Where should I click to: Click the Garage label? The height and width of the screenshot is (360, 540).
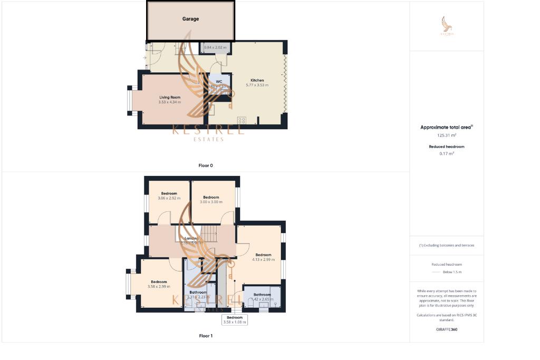pyautogui.click(x=190, y=19)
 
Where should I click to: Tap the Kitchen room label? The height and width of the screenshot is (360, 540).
pyautogui.click(x=257, y=80)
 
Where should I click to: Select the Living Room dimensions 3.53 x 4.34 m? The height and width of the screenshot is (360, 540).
pyautogui.click(x=169, y=102)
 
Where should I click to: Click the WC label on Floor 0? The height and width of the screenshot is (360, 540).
pyautogui.click(x=219, y=82)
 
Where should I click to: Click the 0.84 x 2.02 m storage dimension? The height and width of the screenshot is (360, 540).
pyautogui.click(x=215, y=47)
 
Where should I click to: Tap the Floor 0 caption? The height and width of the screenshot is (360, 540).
pyautogui.click(x=206, y=166)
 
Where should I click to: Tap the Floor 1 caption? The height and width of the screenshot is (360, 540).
pyautogui.click(x=206, y=335)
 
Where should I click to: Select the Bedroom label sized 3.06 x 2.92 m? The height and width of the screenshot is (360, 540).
pyautogui.click(x=169, y=193)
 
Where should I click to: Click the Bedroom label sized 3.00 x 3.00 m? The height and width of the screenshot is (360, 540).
pyautogui.click(x=211, y=197)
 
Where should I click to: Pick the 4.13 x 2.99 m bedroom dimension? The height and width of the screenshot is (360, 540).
pyautogui.click(x=263, y=259)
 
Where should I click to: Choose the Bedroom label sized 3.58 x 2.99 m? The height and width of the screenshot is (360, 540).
pyautogui.click(x=159, y=281)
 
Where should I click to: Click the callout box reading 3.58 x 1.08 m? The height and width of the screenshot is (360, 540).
pyautogui.click(x=235, y=319)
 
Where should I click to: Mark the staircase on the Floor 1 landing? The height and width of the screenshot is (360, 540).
pyautogui.click(x=209, y=232)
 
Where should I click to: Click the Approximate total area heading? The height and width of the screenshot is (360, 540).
pyautogui.click(x=446, y=127)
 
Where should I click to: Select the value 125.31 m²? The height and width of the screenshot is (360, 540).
pyautogui.click(x=446, y=135)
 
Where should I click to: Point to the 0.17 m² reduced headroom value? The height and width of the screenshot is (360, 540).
pyautogui.click(x=446, y=153)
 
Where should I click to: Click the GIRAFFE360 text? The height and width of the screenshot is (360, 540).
pyautogui.click(x=446, y=329)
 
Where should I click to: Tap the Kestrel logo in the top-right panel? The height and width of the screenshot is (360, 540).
pyautogui.click(x=447, y=26)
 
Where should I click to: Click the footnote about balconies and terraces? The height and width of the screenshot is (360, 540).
pyautogui.click(x=446, y=245)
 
